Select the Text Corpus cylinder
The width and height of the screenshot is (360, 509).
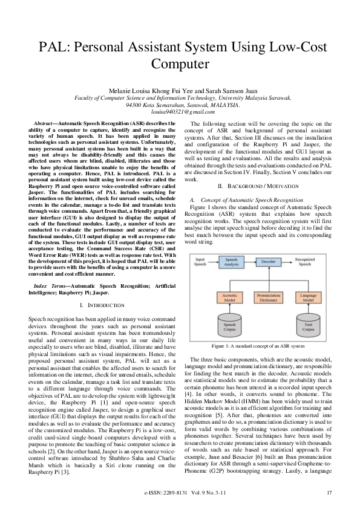[309, 327]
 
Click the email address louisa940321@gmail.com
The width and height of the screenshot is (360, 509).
[180, 112]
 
